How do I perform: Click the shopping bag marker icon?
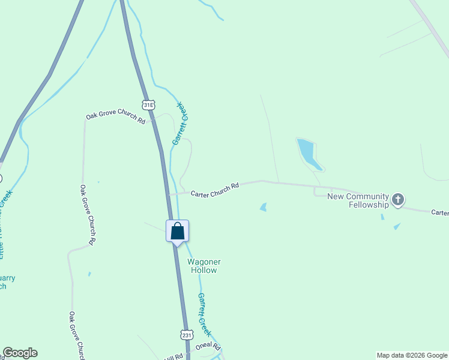(x=178, y=231)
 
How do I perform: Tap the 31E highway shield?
(x=148, y=105)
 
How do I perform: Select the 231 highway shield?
(x=186, y=334)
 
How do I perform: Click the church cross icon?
(x=399, y=199)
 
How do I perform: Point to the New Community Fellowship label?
(x=358, y=200)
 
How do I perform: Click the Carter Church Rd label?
(x=215, y=190)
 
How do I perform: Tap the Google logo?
(x=20, y=353)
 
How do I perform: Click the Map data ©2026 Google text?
(x=411, y=355)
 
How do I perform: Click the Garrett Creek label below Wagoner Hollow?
(x=205, y=314)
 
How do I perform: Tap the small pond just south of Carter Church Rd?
(x=263, y=207)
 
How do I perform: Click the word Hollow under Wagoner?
(x=204, y=270)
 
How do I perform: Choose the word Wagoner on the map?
(x=204, y=262)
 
